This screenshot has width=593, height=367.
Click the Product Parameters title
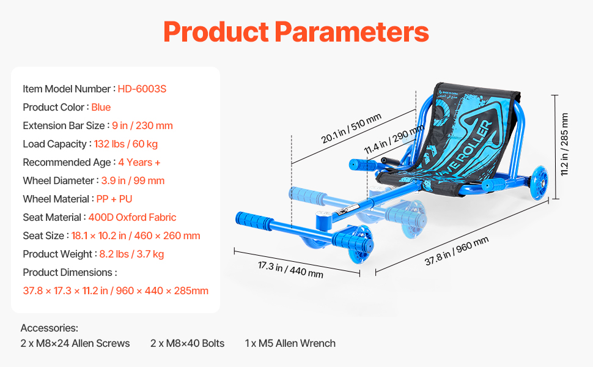pyautogui.click(x=296, y=32)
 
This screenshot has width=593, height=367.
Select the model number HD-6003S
pyautogui.click(x=142, y=89)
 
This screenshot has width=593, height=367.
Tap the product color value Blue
pyautogui.click(x=101, y=108)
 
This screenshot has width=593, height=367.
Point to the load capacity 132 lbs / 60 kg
pyautogui.click(x=126, y=144)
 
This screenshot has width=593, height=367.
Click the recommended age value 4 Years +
pyautogui.click(x=139, y=162)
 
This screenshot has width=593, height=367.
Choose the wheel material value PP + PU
pyautogui.click(x=114, y=199)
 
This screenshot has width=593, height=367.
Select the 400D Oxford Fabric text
pyautogui.click(x=132, y=218)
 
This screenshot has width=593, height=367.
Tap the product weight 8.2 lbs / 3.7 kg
pyautogui.click(x=131, y=254)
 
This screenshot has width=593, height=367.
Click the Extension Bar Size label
pyautogui.click(x=64, y=125)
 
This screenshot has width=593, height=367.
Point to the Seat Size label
pyautogui.click(x=43, y=235)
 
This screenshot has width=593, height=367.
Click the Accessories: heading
pyautogui.click(x=49, y=328)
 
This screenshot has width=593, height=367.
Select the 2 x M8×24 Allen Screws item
pyautogui.click(x=75, y=344)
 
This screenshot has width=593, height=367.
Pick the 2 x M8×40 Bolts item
pyautogui.click(x=187, y=344)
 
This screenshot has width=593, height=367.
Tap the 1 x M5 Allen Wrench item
pyautogui.click(x=290, y=344)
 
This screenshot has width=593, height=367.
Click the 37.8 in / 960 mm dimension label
pyautogui.click(x=457, y=251)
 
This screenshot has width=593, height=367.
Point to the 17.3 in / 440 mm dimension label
pyautogui.click(x=290, y=270)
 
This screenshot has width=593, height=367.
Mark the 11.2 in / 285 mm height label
pyautogui.click(x=564, y=144)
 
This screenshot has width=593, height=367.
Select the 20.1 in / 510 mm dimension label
pyautogui.click(x=351, y=128)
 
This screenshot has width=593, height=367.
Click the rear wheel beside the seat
pyautogui.click(x=539, y=182)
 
